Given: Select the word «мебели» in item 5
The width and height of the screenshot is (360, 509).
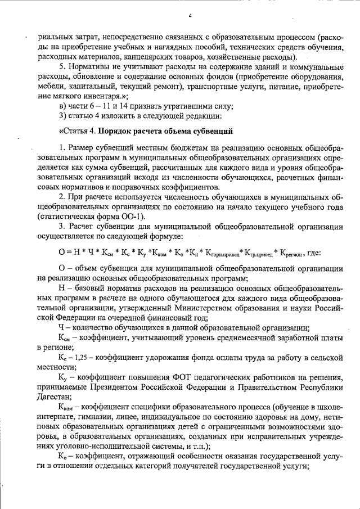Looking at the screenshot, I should coord(51,87).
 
